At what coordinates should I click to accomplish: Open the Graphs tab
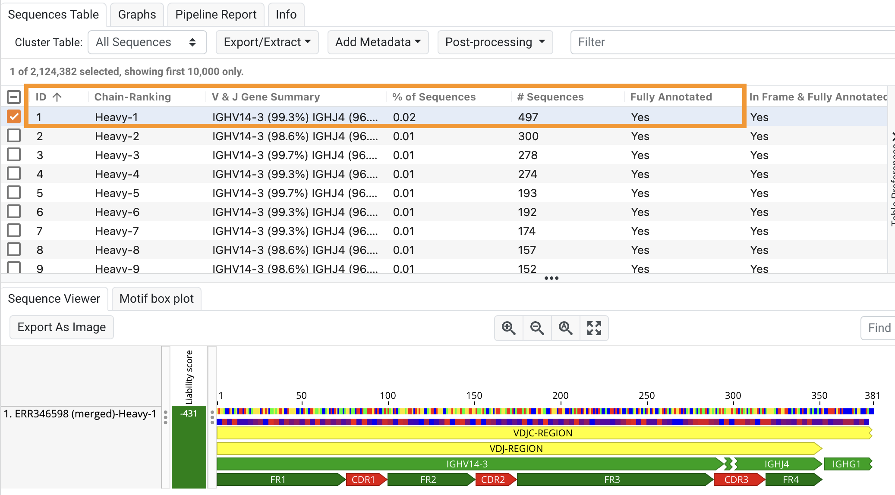(137, 15)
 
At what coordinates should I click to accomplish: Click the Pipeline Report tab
(216, 15)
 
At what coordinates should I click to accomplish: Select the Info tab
(286, 15)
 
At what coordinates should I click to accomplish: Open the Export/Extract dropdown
(267, 42)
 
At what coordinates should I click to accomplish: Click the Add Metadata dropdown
(378, 42)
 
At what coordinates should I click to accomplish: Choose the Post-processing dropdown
(495, 42)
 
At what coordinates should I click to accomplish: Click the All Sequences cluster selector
(147, 42)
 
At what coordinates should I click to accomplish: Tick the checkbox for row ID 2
(14, 136)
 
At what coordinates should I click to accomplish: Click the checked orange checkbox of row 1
(14, 116)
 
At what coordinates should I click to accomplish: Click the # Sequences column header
(550, 97)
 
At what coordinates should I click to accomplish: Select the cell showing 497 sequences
(528, 117)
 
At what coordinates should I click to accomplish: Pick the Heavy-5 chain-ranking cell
(117, 193)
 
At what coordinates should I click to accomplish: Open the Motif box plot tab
(157, 299)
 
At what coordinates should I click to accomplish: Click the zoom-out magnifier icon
(537, 328)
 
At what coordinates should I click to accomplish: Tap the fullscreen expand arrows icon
(594, 328)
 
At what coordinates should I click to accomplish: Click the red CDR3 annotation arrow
(737, 479)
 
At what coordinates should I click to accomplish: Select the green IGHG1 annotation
(847, 464)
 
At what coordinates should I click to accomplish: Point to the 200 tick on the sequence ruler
(561, 395)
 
